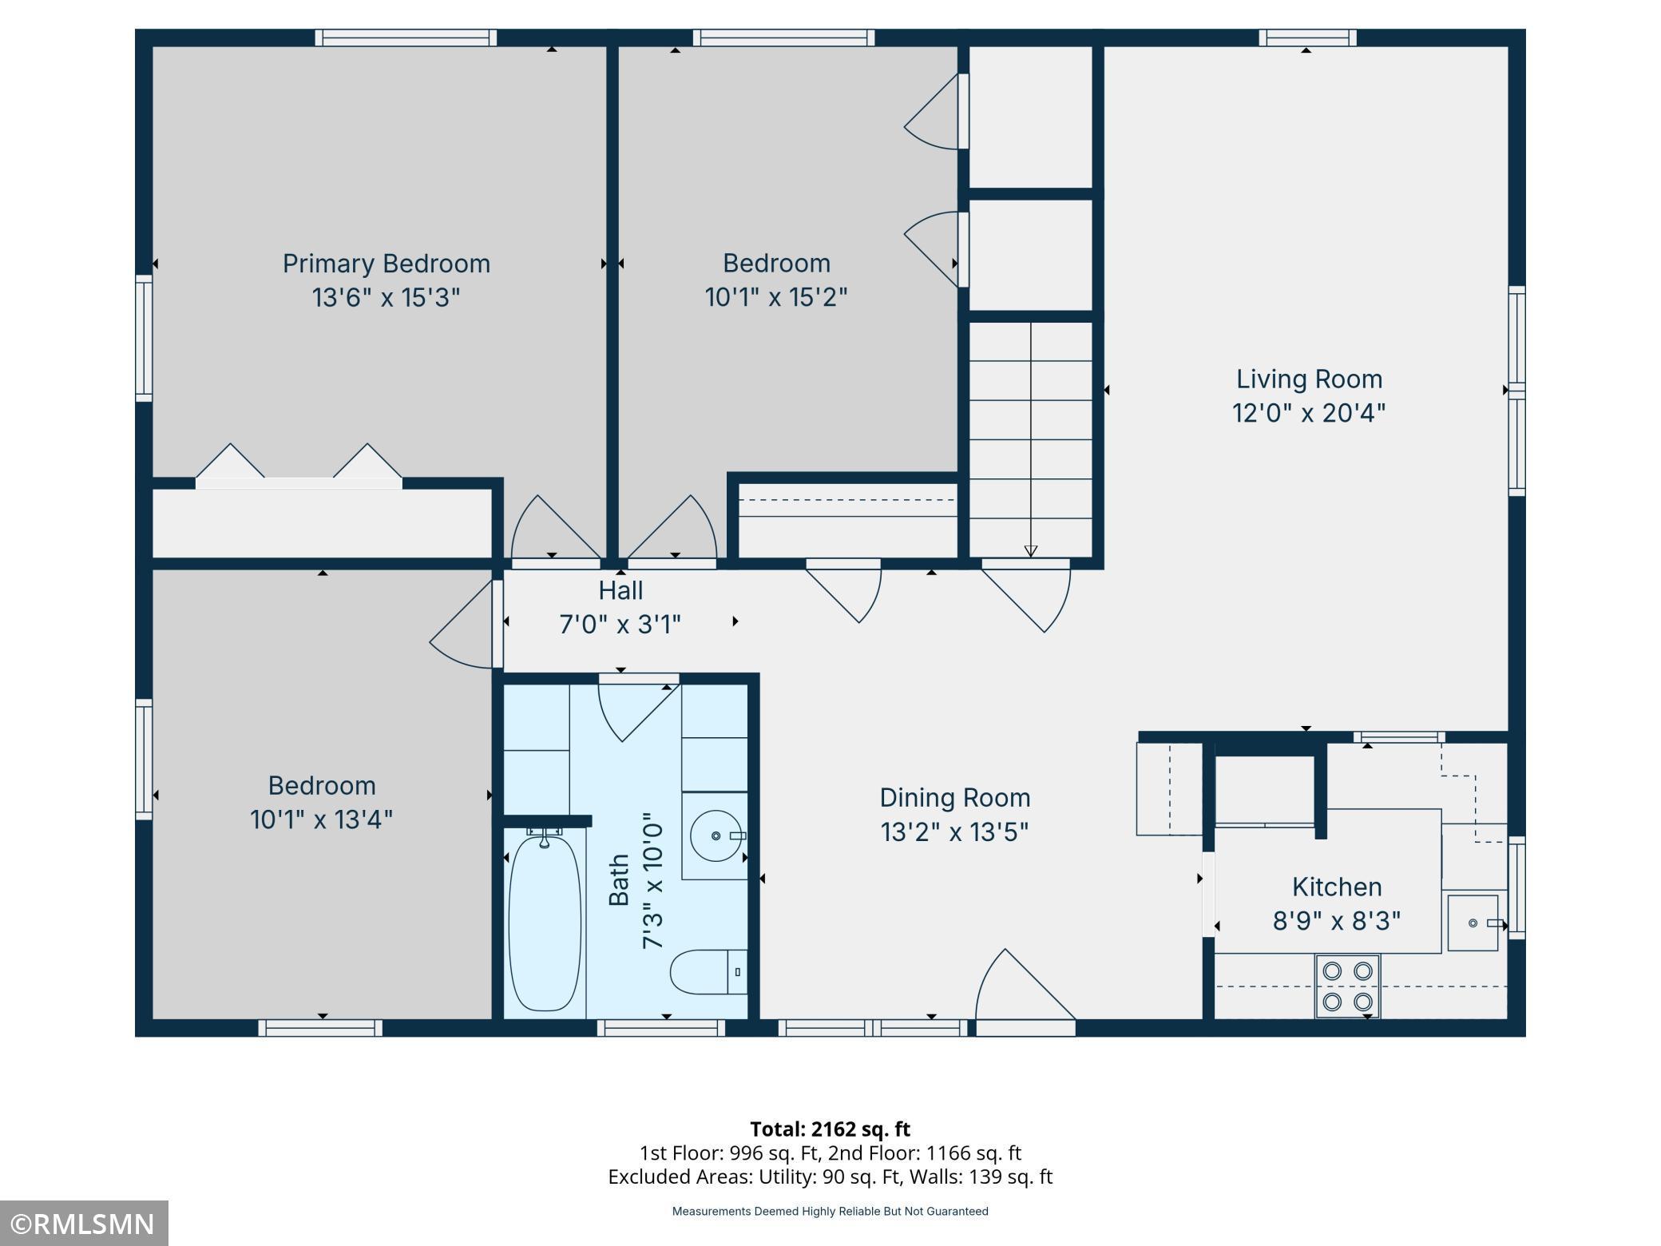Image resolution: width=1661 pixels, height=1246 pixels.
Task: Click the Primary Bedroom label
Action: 387,264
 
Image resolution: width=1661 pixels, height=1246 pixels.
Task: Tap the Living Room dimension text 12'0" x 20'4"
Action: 1309,413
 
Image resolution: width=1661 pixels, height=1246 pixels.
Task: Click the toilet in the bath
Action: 708,972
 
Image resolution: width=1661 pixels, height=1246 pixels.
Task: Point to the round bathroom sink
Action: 716,835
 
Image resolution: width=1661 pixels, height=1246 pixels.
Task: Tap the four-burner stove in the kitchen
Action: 1348,986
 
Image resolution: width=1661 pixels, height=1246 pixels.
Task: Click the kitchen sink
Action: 1473,923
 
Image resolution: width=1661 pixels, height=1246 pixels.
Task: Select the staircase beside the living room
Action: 1031,438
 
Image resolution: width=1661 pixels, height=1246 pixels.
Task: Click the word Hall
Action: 620,590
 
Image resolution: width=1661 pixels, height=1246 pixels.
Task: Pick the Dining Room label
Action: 955,797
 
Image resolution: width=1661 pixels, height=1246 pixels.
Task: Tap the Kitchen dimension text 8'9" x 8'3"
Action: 1337,921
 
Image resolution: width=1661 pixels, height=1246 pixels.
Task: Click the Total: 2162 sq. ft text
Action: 830,1129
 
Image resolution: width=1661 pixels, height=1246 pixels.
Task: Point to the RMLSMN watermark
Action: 84,1223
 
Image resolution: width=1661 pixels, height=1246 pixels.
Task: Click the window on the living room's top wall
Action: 1307,38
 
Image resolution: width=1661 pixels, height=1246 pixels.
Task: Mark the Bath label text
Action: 619,880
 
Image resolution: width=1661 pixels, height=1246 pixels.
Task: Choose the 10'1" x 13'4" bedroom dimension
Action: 322,819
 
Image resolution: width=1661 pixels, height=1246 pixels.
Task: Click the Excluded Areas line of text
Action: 830,1177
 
